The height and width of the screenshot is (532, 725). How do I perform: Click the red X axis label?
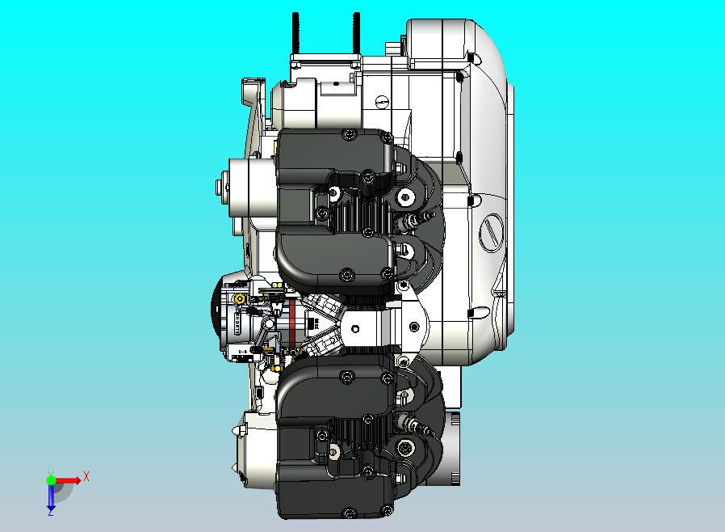tap(86, 476)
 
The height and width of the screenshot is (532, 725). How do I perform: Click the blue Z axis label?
tap(51, 512)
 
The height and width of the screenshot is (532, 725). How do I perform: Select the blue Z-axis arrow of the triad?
tap(51, 496)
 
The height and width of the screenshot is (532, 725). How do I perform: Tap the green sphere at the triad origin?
tap(51, 479)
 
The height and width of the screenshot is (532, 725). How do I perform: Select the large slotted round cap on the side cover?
tap(491, 232)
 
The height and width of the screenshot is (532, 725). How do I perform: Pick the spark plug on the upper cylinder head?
tap(415, 221)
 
